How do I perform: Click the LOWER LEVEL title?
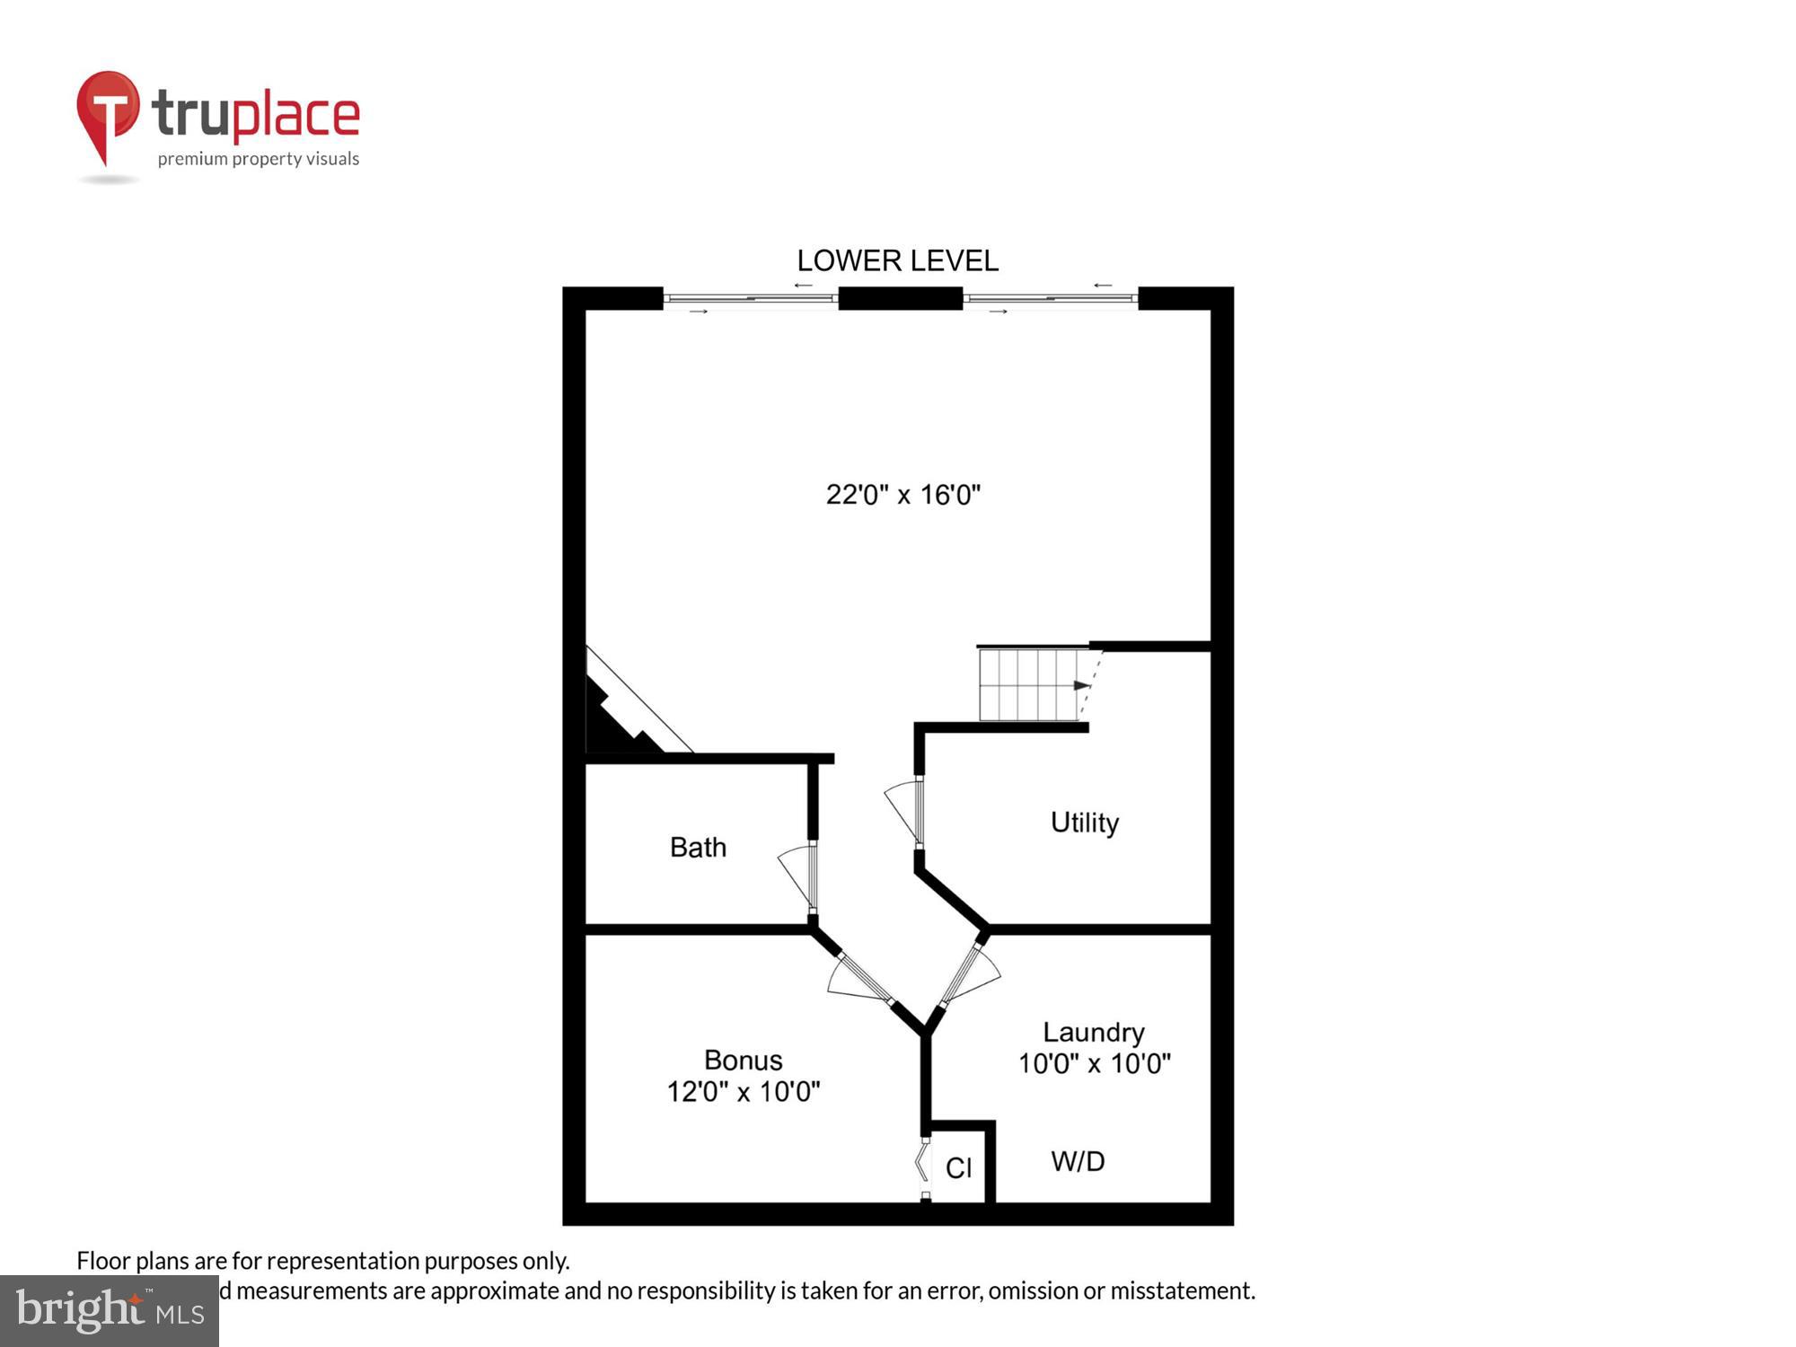(897, 260)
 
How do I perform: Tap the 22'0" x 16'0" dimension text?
(902, 495)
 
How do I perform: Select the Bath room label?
(698, 847)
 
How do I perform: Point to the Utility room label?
(1084, 823)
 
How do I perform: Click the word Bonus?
(743, 1060)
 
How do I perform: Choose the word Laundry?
(1093, 1032)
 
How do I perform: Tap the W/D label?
(1078, 1161)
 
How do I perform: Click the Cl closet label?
(958, 1167)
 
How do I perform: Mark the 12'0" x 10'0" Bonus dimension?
(743, 1092)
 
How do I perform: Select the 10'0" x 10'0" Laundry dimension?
(1094, 1064)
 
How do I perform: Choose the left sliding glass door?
(751, 298)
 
